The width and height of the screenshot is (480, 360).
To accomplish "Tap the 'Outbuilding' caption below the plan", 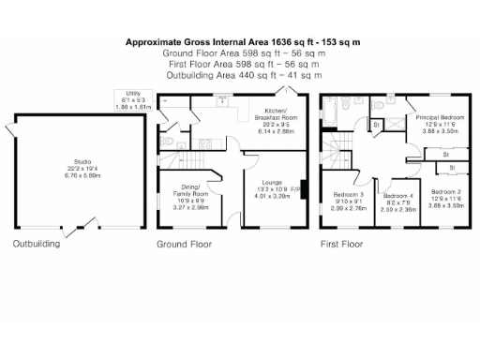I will [x=36, y=244].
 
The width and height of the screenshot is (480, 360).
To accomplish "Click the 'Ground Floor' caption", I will [x=184, y=244].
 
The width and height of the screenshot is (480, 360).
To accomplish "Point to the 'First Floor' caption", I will [x=341, y=244].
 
